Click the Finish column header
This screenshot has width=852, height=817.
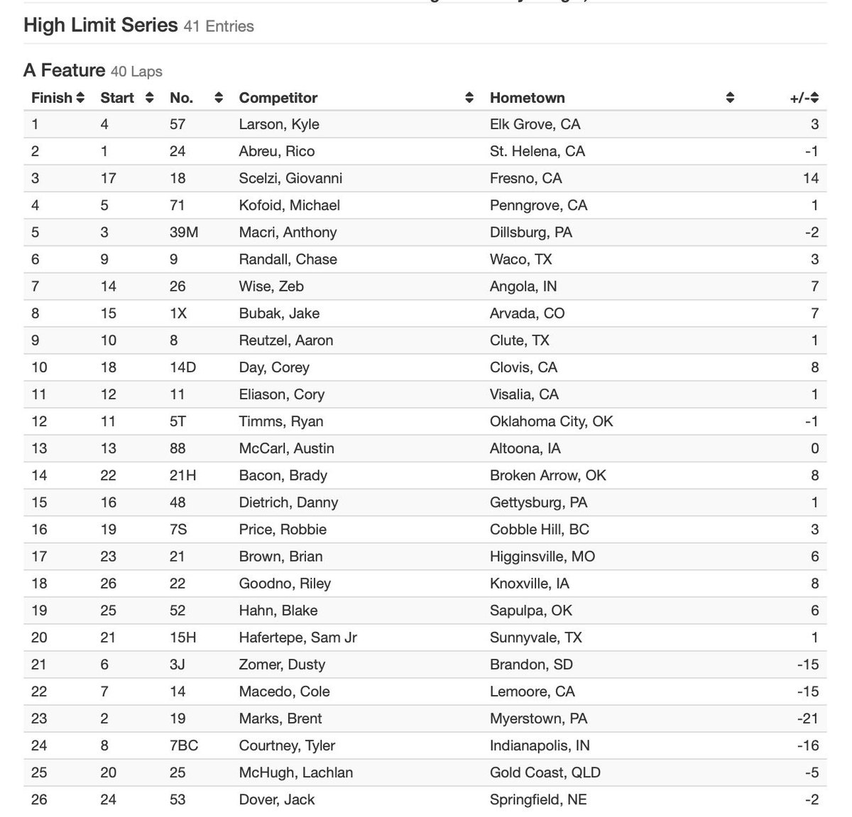[52, 98]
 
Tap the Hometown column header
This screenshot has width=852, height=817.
[527, 98]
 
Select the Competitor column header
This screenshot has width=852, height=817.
[278, 98]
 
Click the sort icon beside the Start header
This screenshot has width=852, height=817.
[149, 98]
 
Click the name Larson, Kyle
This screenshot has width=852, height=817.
[279, 125]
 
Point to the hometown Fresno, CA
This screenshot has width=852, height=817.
[525, 179]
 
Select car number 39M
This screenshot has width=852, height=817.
[184, 233]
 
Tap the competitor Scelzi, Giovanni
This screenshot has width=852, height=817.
[290, 179]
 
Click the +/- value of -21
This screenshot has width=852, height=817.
[807, 719]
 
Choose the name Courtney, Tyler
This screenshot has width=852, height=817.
[287, 746]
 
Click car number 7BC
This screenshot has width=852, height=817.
[184, 746]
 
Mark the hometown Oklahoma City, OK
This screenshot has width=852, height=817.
[551, 421]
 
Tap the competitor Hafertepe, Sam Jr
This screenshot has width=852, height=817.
[297, 638]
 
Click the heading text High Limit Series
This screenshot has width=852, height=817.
[100, 26]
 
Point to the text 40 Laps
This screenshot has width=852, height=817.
[136, 72]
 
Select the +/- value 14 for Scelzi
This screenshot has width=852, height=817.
[810, 179]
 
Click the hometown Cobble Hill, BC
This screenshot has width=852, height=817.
[539, 530]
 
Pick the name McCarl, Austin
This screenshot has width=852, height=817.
[286, 449]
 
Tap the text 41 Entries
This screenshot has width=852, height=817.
[219, 26]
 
